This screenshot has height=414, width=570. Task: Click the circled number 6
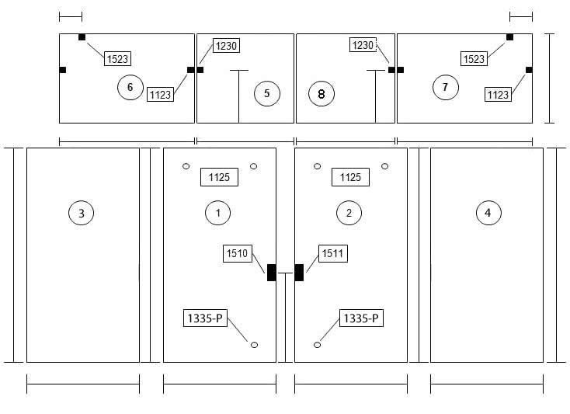[130, 87]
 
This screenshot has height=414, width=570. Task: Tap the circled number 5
[267, 93]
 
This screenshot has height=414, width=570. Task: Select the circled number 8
[321, 94]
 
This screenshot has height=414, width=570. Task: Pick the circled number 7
[445, 87]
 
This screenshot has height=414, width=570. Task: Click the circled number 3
[81, 213]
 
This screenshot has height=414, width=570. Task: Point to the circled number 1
[217, 213]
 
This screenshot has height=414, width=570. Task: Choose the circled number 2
[349, 213]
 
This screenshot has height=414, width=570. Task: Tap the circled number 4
[488, 213]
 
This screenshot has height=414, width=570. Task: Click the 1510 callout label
[238, 253]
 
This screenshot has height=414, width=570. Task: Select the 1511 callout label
[332, 253]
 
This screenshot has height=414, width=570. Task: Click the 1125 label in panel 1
[219, 177]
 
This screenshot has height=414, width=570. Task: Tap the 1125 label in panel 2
[350, 177]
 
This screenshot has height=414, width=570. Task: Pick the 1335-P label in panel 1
[205, 318]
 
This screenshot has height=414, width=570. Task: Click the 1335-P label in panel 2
[361, 318]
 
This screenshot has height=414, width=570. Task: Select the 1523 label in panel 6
[118, 58]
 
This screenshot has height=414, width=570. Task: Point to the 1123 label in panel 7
[498, 95]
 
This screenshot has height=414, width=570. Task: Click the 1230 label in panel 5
[226, 46]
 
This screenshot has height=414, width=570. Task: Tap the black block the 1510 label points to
[272, 273]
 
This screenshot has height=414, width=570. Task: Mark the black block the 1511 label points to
[299, 273]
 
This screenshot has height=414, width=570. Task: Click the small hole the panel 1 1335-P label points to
[255, 345]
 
